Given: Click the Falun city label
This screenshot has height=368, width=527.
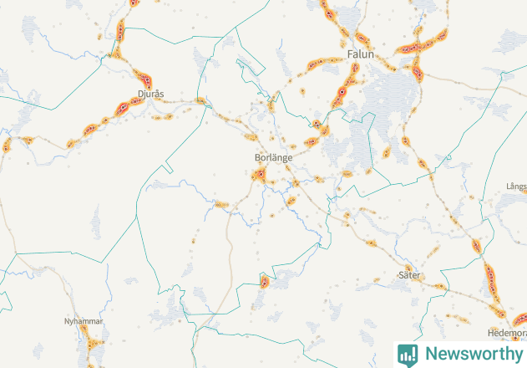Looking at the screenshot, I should pyautogui.click(x=360, y=54).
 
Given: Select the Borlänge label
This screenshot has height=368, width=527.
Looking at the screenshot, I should pyautogui.click(x=272, y=156).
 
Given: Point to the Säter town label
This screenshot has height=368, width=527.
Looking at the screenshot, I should pyautogui.click(x=409, y=274).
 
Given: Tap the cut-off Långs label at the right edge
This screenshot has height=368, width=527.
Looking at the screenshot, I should pyautogui.click(x=516, y=186).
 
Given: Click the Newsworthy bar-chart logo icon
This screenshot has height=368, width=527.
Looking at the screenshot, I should pyautogui.click(x=408, y=354).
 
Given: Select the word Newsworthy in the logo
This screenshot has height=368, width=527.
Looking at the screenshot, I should pyautogui.click(x=474, y=354).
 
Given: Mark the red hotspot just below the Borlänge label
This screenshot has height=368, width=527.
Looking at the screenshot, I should pyautogui.click(x=260, y=175).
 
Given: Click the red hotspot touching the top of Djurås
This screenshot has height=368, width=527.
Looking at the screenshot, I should pyautogui.click(x=146, y=80).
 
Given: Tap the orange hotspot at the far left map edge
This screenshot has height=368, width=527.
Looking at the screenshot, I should pyautogui.click(x=6, y=146).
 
